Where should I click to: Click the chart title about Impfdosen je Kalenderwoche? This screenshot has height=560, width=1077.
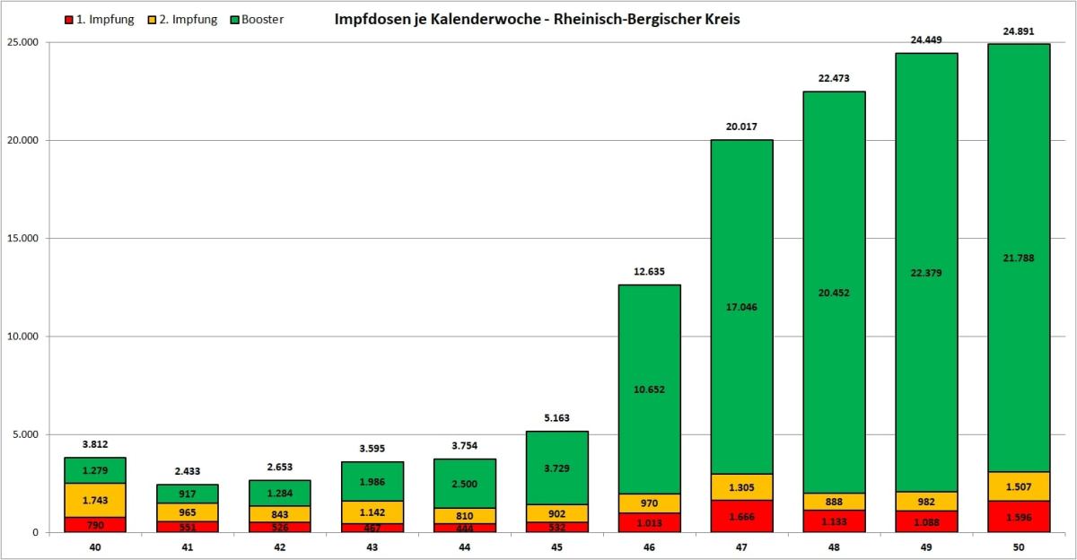coord(537,19)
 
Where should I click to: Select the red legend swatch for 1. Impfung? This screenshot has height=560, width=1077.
coord(69,20)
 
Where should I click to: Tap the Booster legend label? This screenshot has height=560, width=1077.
coord(264,20)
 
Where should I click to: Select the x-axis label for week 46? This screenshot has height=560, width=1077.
coord(649,546)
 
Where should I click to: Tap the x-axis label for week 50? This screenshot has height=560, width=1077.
coord(1019,546)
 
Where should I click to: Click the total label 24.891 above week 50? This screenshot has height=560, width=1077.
coord(1019,31)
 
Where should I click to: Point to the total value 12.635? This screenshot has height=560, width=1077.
coord(649,271)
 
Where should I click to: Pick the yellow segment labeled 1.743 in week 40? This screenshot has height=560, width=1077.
coord(94,500)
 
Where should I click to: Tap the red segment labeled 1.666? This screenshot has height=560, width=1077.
coord(741,516)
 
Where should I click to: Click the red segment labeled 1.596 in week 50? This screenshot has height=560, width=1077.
coord(1019,517)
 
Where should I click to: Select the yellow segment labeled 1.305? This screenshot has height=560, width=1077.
coord(741,486)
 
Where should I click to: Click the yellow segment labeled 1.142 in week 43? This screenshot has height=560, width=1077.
coord(372,512)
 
